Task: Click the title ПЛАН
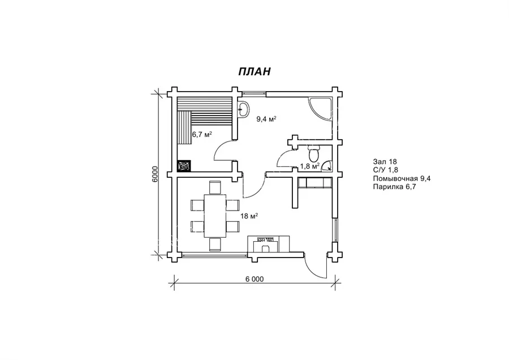[x=255, y=71]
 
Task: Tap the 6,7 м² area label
[x=202, y=134]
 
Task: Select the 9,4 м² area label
[x=266, y=119]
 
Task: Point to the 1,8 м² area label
[x=310, y=166]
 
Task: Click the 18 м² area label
[x=249, y=216]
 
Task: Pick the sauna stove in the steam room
[x=184, y=166]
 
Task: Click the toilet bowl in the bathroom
[x=314, y=155]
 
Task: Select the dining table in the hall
[x=214, y=216]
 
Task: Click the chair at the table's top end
[x=214, y=187]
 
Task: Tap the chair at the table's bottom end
[x=214, y=244]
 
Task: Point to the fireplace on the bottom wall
[x=269, y=245]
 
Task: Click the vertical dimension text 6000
[x=155, y=174]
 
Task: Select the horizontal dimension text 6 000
[x=255, y=279]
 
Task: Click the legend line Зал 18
[x=385, y=161]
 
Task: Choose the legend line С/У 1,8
[x=386, y=170]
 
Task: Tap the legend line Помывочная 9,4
[x=402, y=178]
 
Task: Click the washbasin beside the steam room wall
[x=243, y=109]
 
